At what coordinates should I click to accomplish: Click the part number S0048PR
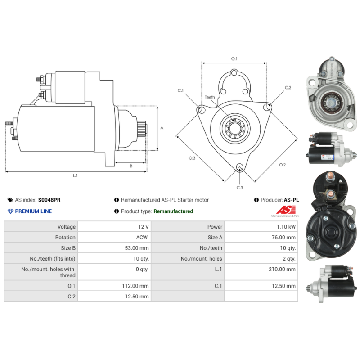click(x=49, y=200)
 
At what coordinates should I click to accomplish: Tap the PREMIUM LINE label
click(x=33, y=211)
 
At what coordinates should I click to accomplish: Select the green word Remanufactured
click(x=173, y=211)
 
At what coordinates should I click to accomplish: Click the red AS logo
click(x=286, y=210)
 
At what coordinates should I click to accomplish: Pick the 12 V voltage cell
click(x=143, y=227)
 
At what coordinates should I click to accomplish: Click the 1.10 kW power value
click(x=286, y=227)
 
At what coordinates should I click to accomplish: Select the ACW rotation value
click(x=142, y=238)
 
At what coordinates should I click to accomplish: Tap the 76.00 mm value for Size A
click(x=283, y=238)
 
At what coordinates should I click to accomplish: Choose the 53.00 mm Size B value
click(x=137, y=248)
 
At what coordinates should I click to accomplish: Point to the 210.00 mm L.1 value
click(x=282, y=269)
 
